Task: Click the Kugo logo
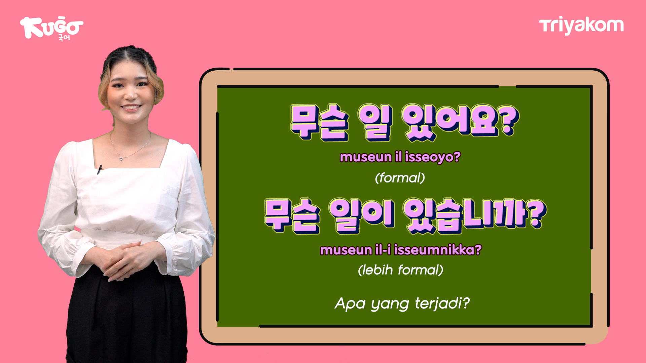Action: click(x=51, y=28)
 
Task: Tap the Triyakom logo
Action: click(x=581, y=26)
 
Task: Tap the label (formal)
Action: click(x=400, y=178)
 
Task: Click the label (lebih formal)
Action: click(x=400, y=270)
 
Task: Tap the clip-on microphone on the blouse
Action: click(x=99, y=170)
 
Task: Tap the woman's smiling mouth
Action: click(x=131, y=107)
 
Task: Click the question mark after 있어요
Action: click(x=508, y=120)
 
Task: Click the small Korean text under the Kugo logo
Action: click(x=64, y=37)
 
